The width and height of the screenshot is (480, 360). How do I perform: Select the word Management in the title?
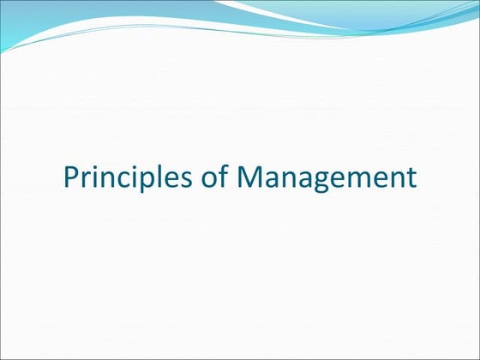point(327,177)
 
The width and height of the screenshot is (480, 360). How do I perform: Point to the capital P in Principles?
point(72,177)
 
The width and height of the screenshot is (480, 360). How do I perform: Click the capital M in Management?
point(250,177)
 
